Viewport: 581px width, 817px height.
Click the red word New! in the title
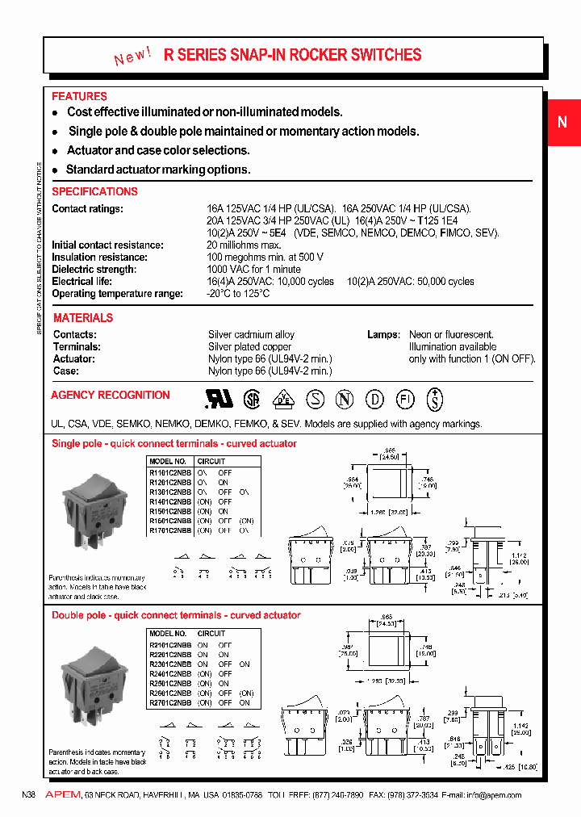132,57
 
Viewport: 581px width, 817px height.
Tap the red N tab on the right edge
562,122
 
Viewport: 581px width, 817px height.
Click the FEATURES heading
79,96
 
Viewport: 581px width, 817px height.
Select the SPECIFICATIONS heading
94,191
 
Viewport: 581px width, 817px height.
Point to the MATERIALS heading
83,318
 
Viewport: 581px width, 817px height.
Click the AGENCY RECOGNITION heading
111,395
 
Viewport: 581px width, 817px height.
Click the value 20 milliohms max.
244,245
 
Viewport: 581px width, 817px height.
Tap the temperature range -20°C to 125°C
238,294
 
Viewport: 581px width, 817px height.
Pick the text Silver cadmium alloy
251,335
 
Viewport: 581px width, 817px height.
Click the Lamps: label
383,335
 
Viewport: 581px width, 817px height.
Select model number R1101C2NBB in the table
170,472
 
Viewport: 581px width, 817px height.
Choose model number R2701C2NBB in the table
170,703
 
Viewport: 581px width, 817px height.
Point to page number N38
29,795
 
